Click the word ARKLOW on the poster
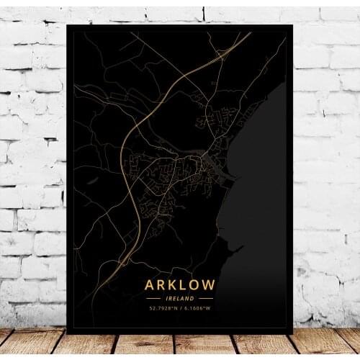(180, 285)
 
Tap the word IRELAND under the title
(180, 298)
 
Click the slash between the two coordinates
(180, 310)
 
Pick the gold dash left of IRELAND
(153, 298)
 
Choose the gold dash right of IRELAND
(207, 298)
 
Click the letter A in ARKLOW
(149, 285)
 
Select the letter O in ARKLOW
(197, 285)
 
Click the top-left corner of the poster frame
(67, 24)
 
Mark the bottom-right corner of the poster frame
(293, 333)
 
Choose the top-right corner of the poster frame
(293, 24)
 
